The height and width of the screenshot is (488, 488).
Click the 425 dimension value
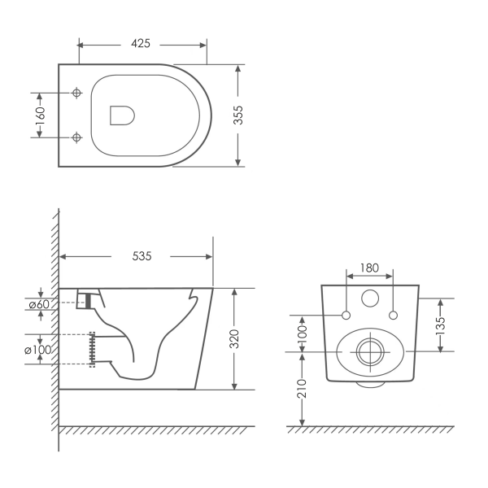click(x=141, y=43)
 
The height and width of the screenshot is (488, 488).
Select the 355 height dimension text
click(x=238, y=115)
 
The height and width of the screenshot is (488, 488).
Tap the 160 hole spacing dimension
click(x=40, y=115)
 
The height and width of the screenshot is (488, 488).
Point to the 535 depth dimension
click(x=142, y=256)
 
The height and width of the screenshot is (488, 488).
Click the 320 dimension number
click(x=234, y=339)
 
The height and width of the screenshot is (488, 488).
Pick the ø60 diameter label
click(x=39, y=304)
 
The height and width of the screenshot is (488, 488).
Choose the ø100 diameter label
click(x=37, y=350)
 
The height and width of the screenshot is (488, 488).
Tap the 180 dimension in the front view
click(x=369, y=268)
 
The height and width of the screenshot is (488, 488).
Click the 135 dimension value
click(x=441, y=325)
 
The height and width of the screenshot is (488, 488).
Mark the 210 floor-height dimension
click(x=302, y=388)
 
